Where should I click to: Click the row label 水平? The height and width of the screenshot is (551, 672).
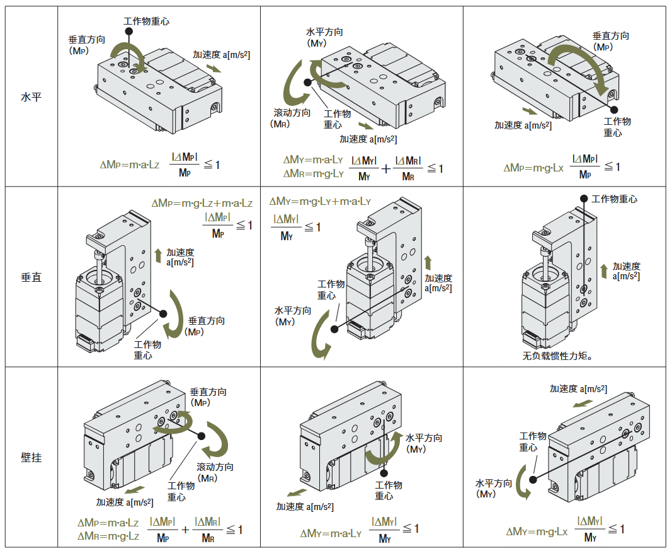pos(31,97)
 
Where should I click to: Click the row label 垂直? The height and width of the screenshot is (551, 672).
pos(31,277)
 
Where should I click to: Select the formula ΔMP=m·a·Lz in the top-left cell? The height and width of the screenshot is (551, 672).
pos(130,165)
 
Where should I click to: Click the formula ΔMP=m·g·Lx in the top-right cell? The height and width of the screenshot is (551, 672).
pos(535,168)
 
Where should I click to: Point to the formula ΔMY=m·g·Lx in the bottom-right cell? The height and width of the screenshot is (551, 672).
pos(537,531)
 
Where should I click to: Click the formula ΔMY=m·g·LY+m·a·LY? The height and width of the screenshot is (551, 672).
pos(320,202)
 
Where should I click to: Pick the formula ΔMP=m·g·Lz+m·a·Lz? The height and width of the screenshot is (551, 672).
pos(202,204)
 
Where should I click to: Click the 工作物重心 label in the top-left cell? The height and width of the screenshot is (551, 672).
pos(146,21)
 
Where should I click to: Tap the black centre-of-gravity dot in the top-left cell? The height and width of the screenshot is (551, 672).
pos(128,30)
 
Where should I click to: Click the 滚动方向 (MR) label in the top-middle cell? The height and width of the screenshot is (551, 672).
pos(292,118)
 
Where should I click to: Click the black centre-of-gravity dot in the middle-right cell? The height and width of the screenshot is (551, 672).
pos(584,199)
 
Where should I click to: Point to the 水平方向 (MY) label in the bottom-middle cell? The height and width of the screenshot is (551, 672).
pos(423,443)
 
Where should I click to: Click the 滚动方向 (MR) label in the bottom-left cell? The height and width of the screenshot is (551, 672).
pos(214,472)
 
